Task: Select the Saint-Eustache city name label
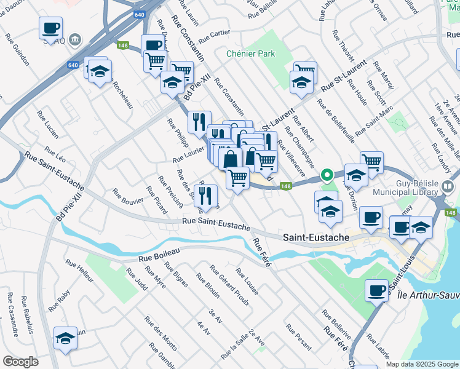pos(316,237)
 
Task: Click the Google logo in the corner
pos(21,362)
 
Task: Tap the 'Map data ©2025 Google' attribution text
pos(422,364)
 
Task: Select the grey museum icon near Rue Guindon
pos(76,40)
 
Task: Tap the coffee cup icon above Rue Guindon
pos(50,28)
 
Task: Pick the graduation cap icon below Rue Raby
pos(65,338)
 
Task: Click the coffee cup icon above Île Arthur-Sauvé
pos(376,290)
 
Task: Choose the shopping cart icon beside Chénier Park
pos(305,71)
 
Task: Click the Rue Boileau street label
pos(159,254)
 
